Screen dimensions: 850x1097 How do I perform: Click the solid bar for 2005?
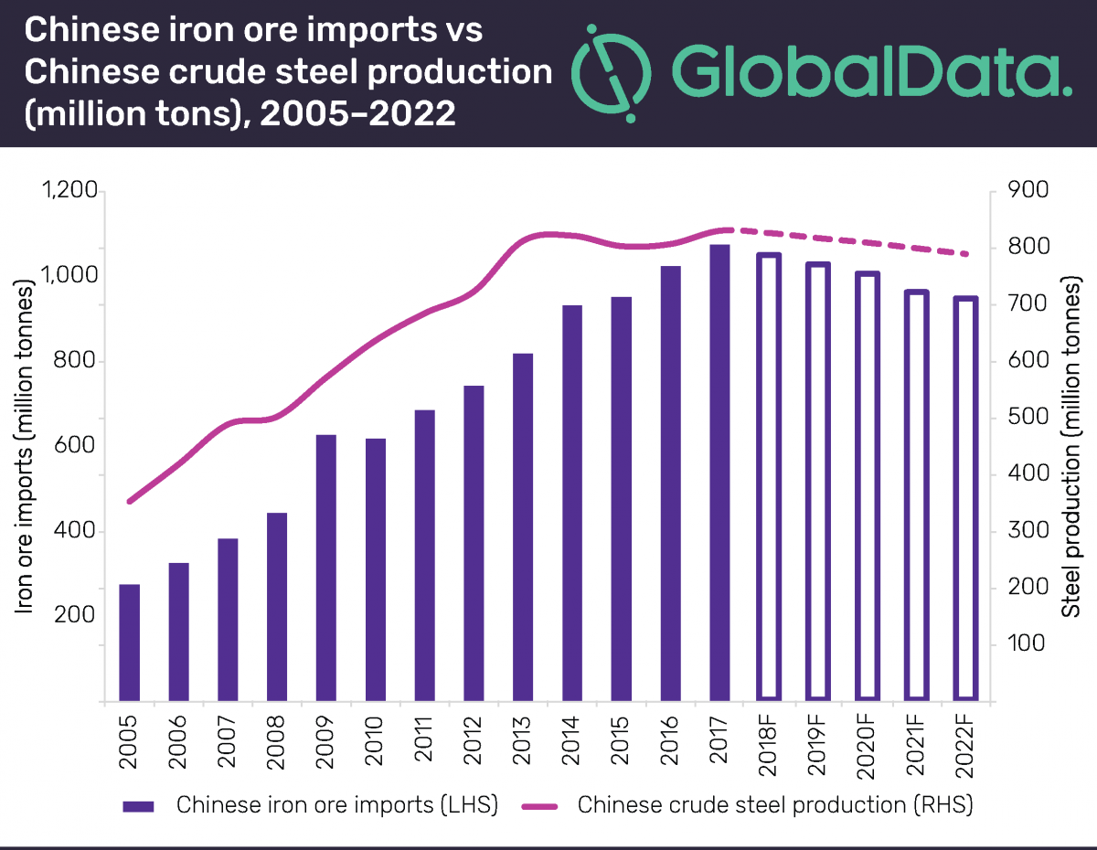coord(130,643)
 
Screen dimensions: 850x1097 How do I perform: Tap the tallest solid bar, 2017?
coord(720,473)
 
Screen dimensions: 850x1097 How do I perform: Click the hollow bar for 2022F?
coord(967,499)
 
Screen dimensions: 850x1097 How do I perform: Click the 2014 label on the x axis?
coord(572,748)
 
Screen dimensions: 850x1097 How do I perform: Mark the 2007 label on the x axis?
coord(229,748)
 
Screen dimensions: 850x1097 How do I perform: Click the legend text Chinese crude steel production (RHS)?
coord(774,806)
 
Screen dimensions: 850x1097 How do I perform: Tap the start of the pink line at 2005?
coord(130,501)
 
